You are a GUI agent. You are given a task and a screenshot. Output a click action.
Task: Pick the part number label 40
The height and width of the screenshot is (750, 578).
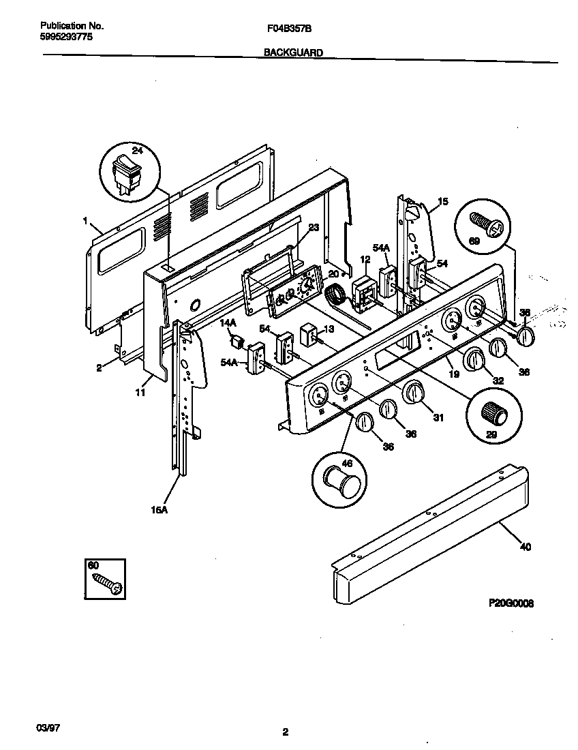tap(525, 546)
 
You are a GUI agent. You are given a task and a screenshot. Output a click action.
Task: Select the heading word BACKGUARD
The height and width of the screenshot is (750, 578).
tap(293, 52)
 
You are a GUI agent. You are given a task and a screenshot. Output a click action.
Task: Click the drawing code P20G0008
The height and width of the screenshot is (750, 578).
tap(511, 603)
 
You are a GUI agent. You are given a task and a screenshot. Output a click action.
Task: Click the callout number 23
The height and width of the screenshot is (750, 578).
tap(314, 229)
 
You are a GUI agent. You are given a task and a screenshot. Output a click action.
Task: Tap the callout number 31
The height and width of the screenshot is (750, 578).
tap(438, 417)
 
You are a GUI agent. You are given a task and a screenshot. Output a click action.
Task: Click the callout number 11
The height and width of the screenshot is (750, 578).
tap(140, 393)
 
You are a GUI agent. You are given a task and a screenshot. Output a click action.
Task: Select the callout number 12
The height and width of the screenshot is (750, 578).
tap(365, 259)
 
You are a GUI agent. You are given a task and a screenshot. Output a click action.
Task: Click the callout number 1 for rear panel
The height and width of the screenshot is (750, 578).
tap(85, 220)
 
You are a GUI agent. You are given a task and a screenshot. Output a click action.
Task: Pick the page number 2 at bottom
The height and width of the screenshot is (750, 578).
tap(286, 733)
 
